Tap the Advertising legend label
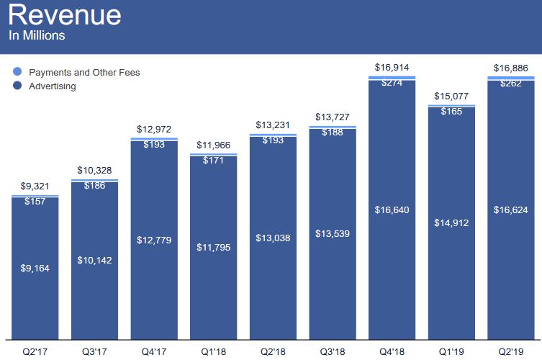click(x=53, y=86)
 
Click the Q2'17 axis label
click(x=35, y=351)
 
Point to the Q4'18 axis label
click(x=392, y=351)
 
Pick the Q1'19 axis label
click(x=451, y=351)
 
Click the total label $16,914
click(x=392, y=68)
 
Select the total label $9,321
click(x=35, y=187)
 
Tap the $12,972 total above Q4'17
click(x=154, y=130)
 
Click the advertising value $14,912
click(x=451, y=223)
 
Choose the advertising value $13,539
click(x=333, y=234)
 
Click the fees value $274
click(x=392, y=83)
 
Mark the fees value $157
click(x=35, y=202)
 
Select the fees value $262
click(x=511, y=83)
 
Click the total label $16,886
click(x=511, y=68)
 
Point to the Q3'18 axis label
click(x=333, y=351)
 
